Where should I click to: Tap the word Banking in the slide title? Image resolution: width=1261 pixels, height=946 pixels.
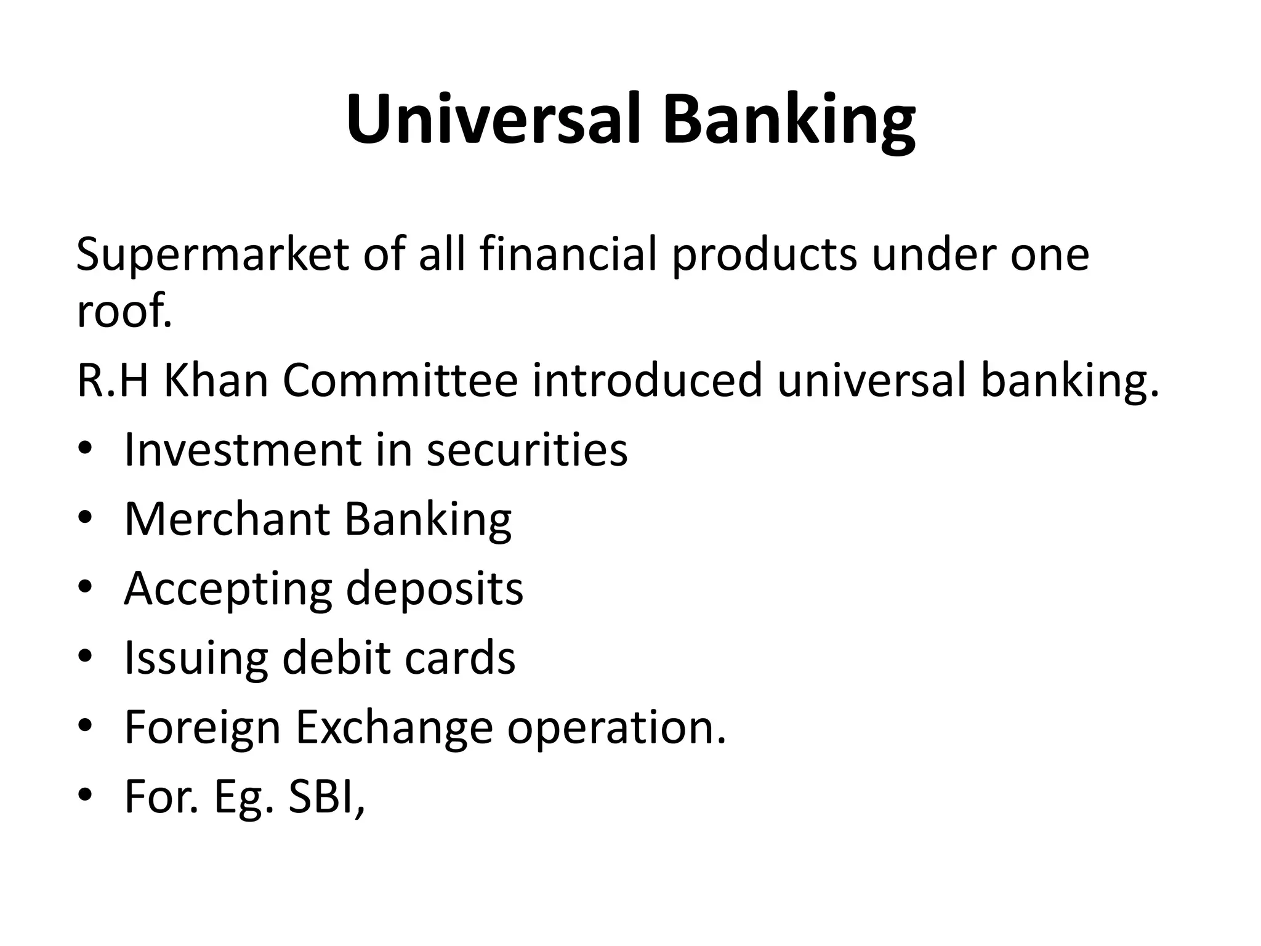[x=789, y=121]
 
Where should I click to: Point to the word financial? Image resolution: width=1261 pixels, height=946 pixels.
[x=569, y=254]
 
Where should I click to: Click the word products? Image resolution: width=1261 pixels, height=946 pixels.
[x=764, y=255]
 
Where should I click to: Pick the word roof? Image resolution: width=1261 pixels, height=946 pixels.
[x=123, y=311]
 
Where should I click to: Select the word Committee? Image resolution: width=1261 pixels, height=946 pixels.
[x=401, y=381]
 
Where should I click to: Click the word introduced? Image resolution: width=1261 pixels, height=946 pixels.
[x=647, y=381]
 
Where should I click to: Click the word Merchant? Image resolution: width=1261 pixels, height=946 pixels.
[x=227, y=519]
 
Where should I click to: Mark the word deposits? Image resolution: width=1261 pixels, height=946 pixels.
[x=434, y=589]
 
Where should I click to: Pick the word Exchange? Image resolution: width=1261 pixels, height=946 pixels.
[x=394, y=727]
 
